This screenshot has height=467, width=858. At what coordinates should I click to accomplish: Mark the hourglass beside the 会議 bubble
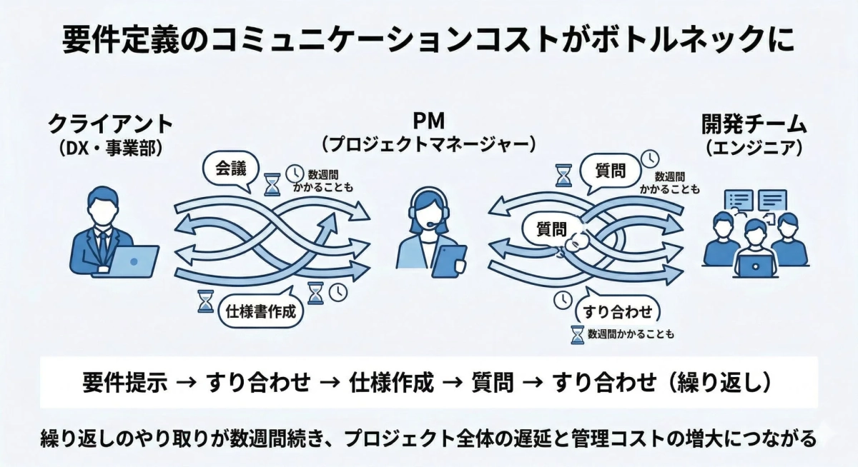tap(272, 184)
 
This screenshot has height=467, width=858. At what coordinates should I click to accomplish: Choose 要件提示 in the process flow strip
tap(125, 383)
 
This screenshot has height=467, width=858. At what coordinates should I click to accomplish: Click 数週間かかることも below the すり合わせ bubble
tap(630, 334)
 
